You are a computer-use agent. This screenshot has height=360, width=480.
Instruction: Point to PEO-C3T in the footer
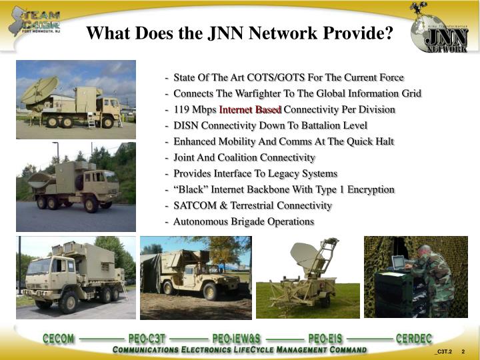click(x=146, y=338)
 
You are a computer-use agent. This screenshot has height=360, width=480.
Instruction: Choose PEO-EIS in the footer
click(x=325, y=338)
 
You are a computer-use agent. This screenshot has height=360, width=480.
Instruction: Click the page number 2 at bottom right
click(x=463, y=352)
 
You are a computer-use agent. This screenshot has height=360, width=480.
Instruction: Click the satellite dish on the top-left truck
click(x=39, y=89)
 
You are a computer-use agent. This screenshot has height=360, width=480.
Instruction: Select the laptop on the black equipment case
click(x=399, y=262)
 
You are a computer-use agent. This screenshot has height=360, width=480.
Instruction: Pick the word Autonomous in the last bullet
click(x=199, y=221)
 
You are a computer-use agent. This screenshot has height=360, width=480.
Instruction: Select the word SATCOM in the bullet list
click(x=193, y=205)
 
